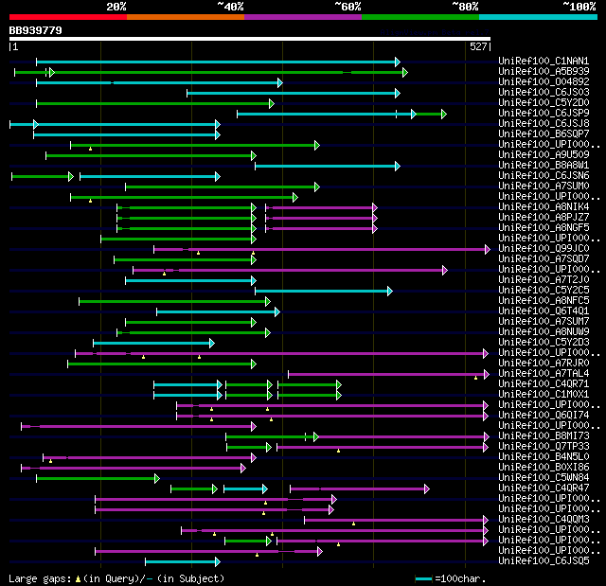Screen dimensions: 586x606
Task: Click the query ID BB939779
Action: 36,30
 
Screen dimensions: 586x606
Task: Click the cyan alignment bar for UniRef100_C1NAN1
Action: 218,62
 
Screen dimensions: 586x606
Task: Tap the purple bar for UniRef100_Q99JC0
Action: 322,249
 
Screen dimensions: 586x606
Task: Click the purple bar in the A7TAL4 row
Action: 388,374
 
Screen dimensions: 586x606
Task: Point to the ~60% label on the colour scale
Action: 347,7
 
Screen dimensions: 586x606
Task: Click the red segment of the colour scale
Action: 67,16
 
